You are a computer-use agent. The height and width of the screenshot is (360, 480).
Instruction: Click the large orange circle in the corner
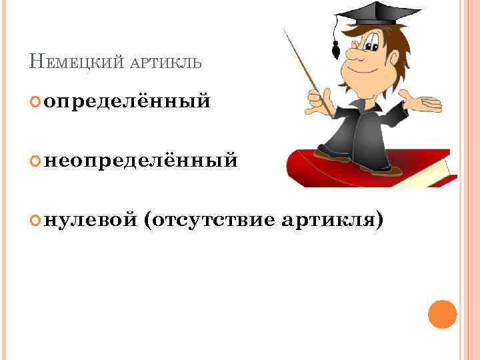442,315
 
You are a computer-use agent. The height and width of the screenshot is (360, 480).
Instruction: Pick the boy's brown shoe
331,155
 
